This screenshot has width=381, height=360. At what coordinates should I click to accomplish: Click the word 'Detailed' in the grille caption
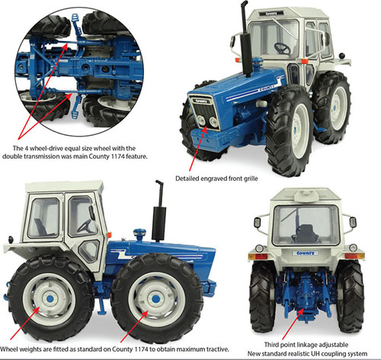tap(187, 178)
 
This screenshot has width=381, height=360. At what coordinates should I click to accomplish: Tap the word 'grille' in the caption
tap(251, 178)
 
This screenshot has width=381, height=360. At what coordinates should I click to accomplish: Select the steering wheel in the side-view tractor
tap(85, 226)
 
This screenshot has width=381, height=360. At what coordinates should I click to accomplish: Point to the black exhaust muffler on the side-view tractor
tap(159, 224)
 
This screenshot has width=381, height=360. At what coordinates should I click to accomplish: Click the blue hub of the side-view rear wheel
tap(50, 299)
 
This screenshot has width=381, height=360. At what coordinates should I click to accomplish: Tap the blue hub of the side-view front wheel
tap(155, 299)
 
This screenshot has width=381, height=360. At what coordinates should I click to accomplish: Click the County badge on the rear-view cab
tap(306, 253)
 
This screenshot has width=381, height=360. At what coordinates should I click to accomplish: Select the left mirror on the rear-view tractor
tap(257, 223)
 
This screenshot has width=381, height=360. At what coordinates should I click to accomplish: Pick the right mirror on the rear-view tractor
tap(353, 223)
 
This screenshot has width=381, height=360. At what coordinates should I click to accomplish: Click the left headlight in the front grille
tap(201, 121)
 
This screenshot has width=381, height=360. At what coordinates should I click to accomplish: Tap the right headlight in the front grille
tap(213, 122)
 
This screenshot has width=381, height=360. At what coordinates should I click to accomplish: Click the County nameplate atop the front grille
tap(201, 101)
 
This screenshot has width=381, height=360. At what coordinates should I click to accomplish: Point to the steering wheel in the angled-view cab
tap(282, 49)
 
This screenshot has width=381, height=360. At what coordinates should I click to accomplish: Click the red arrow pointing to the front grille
tap(198, 149)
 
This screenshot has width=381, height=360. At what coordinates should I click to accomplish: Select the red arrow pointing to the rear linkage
tap(293, 323)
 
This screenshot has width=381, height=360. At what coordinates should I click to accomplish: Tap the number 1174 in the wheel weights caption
tap(141, 349)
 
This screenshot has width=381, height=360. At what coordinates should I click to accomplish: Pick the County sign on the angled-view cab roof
tap(271, 13)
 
